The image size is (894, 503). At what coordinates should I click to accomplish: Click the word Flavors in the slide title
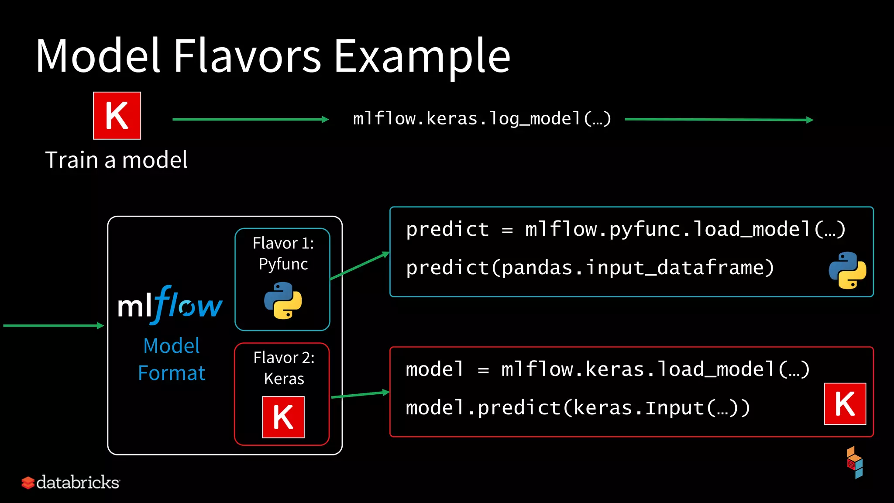[248, 56]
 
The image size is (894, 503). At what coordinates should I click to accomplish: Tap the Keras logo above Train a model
[117, 116]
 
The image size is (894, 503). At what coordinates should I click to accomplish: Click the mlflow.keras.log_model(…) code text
[482, 119]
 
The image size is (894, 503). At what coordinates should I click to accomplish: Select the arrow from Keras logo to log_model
[250, 119]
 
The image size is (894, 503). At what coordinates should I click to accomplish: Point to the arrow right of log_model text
[719, 119]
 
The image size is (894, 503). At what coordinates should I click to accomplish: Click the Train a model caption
[117, 160]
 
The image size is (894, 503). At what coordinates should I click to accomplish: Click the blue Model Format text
[172, 359]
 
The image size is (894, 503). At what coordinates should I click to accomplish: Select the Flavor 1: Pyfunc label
[283, 253]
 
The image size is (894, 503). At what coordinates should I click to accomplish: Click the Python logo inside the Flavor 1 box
[283, 300]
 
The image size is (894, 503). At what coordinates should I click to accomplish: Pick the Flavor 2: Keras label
[284, 368]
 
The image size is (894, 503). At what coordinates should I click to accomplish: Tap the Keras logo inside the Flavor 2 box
[283, 417]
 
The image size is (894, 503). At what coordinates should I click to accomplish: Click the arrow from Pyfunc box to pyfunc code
[359, 265]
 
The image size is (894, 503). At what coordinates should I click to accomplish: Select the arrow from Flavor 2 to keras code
[360, 395]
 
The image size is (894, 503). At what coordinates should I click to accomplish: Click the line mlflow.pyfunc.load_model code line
[626, 229]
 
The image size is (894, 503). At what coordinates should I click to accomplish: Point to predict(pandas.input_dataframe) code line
[590, 268]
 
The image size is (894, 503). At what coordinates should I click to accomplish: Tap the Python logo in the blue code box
[847, 270]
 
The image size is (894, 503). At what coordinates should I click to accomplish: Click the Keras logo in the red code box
[845, 404]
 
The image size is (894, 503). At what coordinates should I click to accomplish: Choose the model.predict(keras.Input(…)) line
[578, 408]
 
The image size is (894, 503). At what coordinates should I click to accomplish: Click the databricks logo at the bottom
[71, 482]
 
